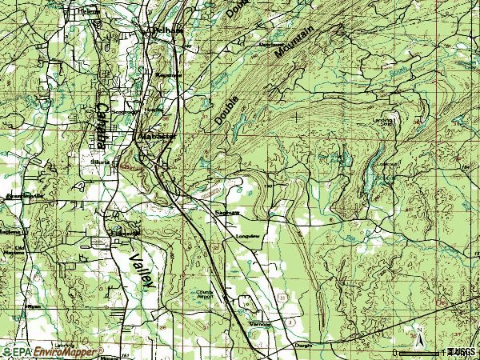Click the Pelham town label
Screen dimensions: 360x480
tap(168, 30)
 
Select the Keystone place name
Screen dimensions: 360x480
tap(170, 74)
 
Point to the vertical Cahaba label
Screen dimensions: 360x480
tap(102, 126)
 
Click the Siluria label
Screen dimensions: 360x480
tap(98, 160)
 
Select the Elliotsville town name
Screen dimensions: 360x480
tap(126, 234)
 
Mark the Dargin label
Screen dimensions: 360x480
tap(302, 345)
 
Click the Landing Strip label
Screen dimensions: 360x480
tap(386, 122)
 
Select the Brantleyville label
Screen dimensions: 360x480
tap(22, 195)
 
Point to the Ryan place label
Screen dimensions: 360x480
tap(34, 306)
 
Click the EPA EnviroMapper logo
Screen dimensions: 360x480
tap(52, 351)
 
